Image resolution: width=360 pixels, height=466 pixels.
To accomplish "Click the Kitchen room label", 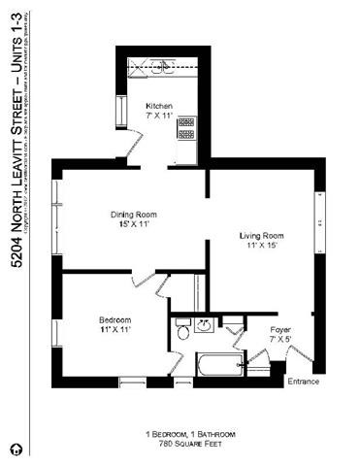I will [x=159, y=105].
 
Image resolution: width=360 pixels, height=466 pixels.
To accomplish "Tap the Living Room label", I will [x=261, y=236].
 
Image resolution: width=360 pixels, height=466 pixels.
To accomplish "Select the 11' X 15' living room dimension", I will [x=261, y=246].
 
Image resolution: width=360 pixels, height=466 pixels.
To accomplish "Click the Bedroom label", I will [x=115, y=320].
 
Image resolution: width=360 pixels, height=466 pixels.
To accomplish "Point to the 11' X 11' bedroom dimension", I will [x=115, y=330].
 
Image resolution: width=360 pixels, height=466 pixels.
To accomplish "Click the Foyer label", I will [x=279, y=331].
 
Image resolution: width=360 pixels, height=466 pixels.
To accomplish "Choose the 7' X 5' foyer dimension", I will [x=279, y=341].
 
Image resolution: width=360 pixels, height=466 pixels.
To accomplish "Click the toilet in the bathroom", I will [x=182, y=333].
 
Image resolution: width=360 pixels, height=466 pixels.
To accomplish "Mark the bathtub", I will [x=207, y=367].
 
